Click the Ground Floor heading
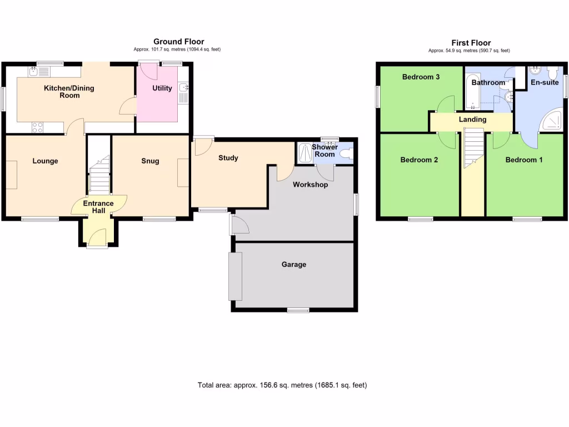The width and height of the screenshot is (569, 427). (178, 42)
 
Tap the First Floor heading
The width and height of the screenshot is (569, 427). (471, 43)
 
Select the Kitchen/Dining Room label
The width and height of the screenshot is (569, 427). (69, 92)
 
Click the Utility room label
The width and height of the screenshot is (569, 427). (162, 88)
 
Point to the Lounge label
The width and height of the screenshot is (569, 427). (45, 161)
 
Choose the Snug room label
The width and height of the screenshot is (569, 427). (150, 161)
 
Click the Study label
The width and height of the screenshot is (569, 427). (228, 158)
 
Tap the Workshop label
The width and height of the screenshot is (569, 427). (310, 185)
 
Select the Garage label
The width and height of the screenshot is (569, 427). (293, 265)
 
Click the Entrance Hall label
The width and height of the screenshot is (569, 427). (98, 207)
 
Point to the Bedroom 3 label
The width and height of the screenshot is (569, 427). (421, 77)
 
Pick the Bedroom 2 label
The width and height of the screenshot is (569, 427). (420, 160)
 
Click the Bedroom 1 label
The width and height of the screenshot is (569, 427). (524, 160)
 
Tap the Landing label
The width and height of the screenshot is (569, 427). (472, 120)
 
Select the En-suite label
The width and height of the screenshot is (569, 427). (545, 82)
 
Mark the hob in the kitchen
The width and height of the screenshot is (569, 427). (38, 127)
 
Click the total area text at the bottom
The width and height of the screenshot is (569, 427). (282, 385)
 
